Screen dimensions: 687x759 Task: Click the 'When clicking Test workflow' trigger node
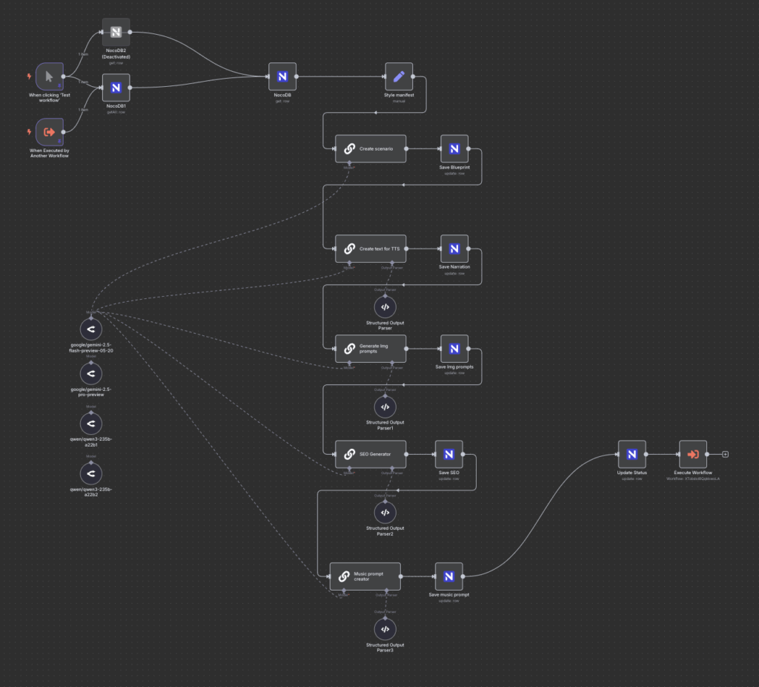[50, 76]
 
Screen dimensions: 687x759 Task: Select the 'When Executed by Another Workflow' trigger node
[50, 131]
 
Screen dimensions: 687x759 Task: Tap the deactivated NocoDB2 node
[116, 32]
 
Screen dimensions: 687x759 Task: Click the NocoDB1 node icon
[116, 88]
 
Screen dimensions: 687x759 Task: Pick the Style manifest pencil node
[399, 76]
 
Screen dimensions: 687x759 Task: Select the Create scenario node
[370, 148]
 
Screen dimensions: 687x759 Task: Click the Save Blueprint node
[454, 148]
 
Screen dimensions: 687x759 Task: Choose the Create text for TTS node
[370, 249]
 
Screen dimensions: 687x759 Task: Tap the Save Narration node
[454, 249]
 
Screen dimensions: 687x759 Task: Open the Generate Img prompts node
[370, 348]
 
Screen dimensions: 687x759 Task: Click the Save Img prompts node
[454, 348]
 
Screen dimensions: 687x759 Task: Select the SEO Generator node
[370, 454]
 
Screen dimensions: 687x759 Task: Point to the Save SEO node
[448, 454]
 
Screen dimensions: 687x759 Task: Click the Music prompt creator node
[365, 576]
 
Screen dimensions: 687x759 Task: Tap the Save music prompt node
[448, 576]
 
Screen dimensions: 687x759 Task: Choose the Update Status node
[632, 454]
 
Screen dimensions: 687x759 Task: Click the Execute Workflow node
[693, 454]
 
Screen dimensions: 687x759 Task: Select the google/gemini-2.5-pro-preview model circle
[90, 372]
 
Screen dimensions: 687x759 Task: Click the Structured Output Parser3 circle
[385, 629]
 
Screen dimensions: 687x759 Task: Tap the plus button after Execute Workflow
[725, 454]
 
